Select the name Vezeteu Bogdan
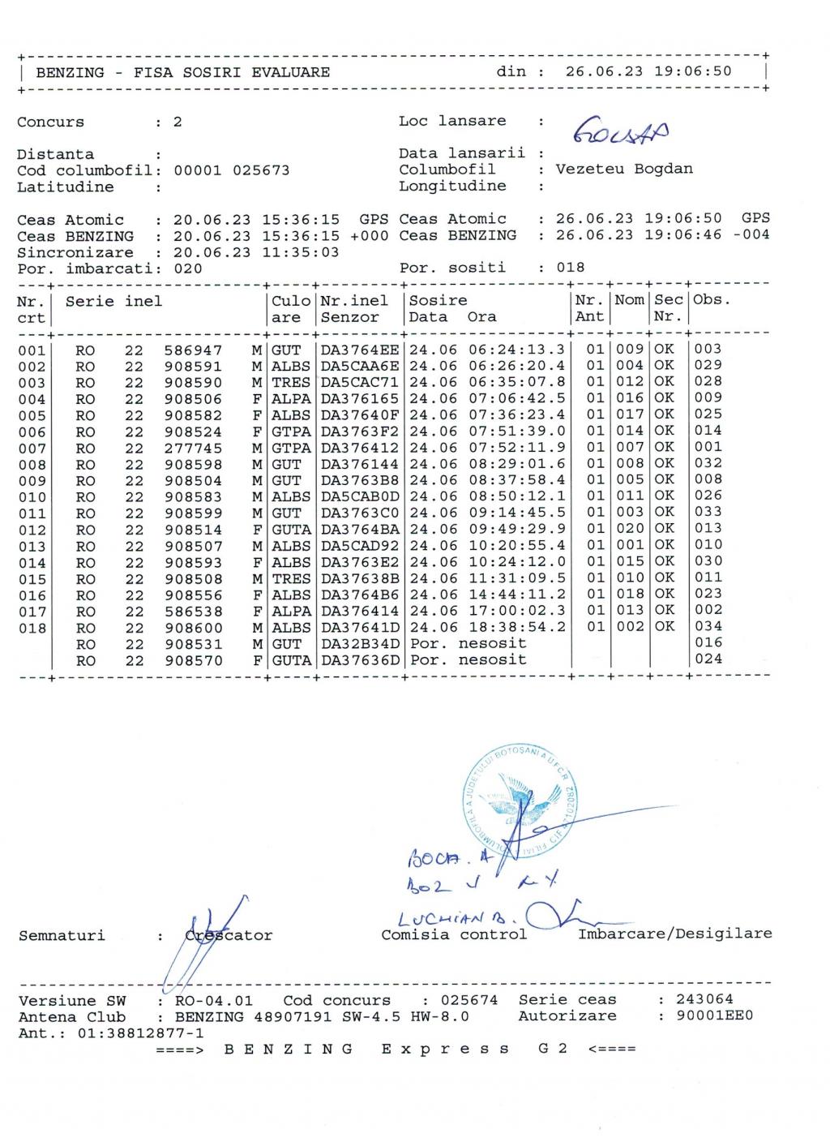624,170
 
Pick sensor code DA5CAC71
360,383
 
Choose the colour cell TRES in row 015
291,578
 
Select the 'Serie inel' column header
114,302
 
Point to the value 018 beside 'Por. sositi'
570,268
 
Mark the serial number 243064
704,1000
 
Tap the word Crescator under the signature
229,935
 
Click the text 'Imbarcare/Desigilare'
674,934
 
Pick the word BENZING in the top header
71,72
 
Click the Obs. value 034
708,626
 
